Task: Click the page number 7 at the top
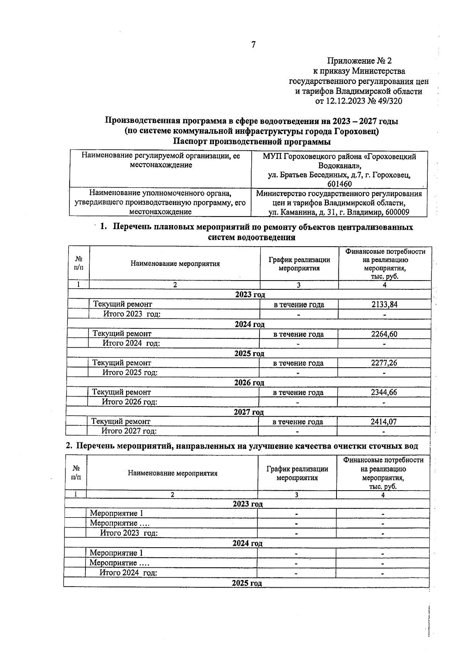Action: [x=253, y=45]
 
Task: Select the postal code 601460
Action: [x=339, y=184]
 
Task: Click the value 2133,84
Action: [x=384, y=304]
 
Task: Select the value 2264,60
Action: [x=384, y=334]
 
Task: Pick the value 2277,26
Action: [x=384, y=363]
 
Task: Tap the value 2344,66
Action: [x=383, y=392]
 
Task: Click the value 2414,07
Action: [x=383, y=422]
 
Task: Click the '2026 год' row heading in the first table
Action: [x=249, y=383]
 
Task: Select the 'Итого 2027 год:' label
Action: [x=129, y=431]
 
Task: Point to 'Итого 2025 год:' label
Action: [x=130, y=372]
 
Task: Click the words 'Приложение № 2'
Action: [x=359, y=61]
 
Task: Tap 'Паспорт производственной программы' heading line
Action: [x=252, y=142]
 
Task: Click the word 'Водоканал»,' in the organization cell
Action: [x=340, y=166]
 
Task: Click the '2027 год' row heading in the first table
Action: [x=249, y=412]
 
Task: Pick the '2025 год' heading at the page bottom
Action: [x=247, y=583]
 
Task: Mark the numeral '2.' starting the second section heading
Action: [x=69, y=446]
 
